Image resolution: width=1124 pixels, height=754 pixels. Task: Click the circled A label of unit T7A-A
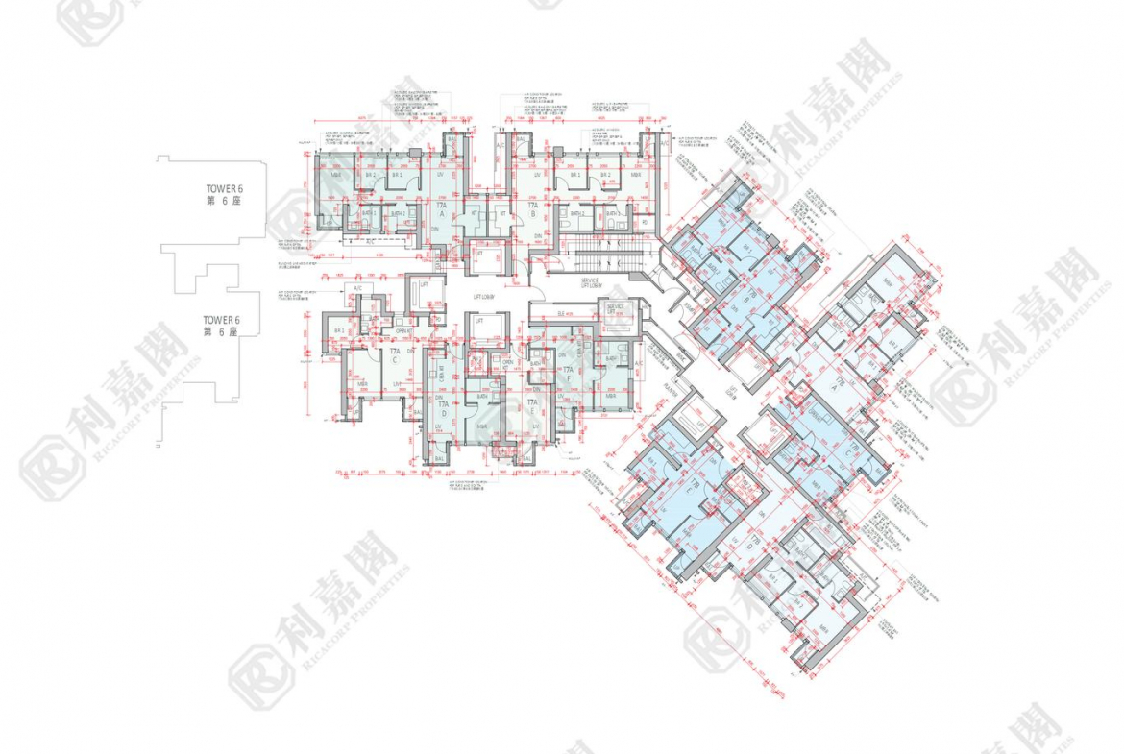pos(443,216)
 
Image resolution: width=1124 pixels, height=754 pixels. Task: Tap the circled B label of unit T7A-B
pos(530,216)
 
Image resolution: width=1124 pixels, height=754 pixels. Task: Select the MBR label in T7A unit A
pos(336,176)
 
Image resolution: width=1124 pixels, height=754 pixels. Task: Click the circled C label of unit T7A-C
pos(395,363)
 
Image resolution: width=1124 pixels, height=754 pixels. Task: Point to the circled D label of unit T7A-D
pos(443,412)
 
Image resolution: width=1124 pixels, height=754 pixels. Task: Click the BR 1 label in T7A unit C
pos(338,330)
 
